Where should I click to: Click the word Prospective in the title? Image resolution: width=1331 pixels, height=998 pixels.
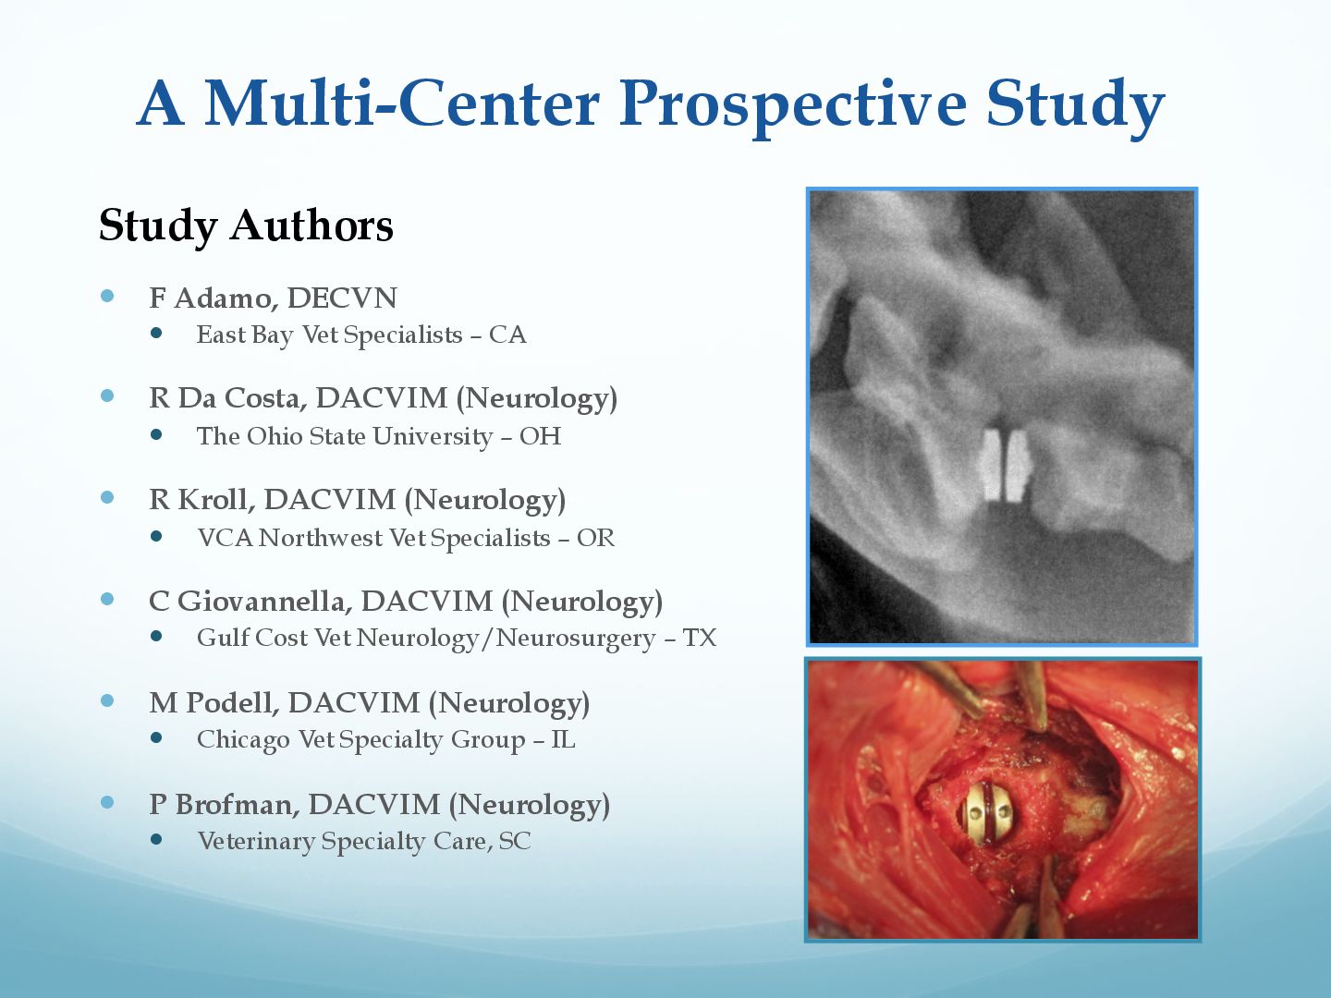pos(792,104)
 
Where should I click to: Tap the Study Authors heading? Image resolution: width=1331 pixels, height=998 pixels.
pos(246,225)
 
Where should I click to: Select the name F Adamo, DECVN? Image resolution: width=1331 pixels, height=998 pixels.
pos(274,298)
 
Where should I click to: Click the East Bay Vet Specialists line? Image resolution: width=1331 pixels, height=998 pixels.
pos(361,335)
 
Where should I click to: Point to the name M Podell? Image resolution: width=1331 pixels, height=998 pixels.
pos(214,703)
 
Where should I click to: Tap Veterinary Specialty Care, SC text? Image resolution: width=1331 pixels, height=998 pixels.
pos(364,841)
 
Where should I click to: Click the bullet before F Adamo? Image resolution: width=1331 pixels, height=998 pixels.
pos(107,296)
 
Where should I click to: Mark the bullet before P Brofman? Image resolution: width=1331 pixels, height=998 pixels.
pos(107,803)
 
